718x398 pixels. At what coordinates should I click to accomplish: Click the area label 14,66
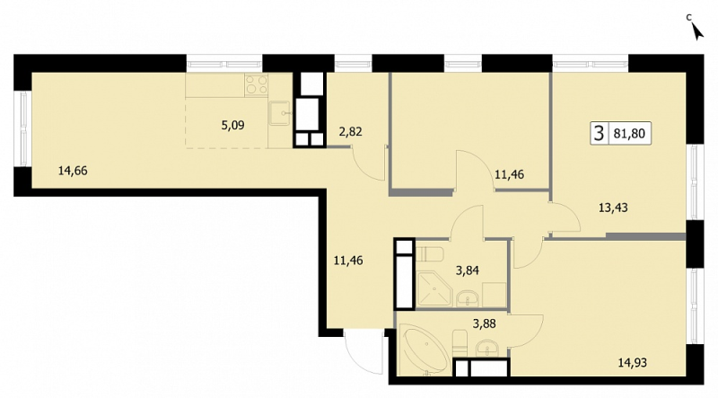pos(73,171)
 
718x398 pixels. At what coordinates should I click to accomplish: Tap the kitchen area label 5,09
pos(232,125)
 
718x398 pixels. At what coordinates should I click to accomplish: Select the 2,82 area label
pos(350,132)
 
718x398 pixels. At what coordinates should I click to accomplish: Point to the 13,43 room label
pos(613,208)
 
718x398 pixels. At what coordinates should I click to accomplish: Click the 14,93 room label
pos(633,363)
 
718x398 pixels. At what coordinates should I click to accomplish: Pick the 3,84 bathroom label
pos(467,270)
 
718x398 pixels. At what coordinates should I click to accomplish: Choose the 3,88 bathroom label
pos(484,324)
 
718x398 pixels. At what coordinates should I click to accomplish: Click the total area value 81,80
pos(629,134)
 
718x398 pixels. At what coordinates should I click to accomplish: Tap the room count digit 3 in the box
pos(599,134)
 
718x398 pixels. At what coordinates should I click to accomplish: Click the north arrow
pos(697,31)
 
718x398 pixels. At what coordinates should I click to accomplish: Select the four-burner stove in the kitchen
pos(256,84)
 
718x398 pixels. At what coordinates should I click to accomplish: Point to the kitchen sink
pos(279,113)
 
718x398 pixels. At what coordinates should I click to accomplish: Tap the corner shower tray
pos(433,289)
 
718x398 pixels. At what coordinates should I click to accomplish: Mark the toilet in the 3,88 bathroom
pos(460,342)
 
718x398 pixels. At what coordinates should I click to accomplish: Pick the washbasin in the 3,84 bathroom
pos(468,298)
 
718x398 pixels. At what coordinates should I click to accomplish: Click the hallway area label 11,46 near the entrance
pos(348,261)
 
